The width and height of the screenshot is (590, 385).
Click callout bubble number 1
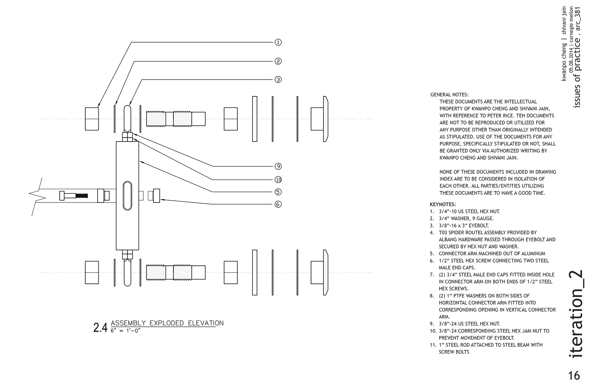278,42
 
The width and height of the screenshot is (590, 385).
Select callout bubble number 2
278,61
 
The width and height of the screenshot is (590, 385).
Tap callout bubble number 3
278,80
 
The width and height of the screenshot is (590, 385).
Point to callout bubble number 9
278,166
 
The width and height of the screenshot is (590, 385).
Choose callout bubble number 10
278,180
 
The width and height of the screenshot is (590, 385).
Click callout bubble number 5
278,192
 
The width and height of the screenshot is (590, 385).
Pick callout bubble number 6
278,204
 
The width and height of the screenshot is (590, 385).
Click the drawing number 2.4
100,328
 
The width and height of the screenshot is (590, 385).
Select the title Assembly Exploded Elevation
167,323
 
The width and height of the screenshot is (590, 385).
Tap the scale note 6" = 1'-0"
125,331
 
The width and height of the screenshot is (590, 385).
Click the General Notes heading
449,95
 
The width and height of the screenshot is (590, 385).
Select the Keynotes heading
442,204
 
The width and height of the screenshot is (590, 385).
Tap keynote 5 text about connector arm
492,254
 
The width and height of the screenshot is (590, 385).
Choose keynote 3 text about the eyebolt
463,225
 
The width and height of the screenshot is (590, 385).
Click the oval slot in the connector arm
127,196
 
